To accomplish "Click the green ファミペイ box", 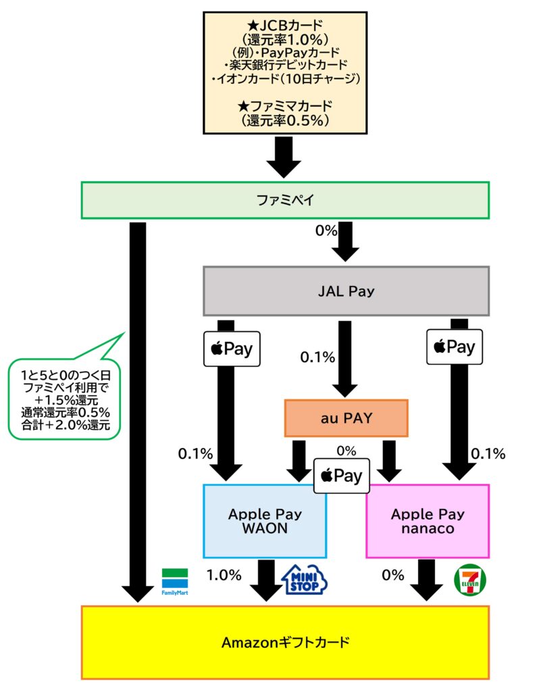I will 284,200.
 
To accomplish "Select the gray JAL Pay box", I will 346,291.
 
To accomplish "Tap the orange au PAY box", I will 346,418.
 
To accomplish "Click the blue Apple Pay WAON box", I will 264,521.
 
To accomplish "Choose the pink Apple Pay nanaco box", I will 427,521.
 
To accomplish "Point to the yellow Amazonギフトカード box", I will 284,642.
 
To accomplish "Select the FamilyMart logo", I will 174,581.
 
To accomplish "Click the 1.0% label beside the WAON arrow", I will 223,575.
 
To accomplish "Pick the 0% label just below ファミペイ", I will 326,230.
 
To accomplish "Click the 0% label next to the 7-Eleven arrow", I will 392,575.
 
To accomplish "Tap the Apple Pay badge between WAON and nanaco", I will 342,476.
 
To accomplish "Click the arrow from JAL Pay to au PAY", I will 344,358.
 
